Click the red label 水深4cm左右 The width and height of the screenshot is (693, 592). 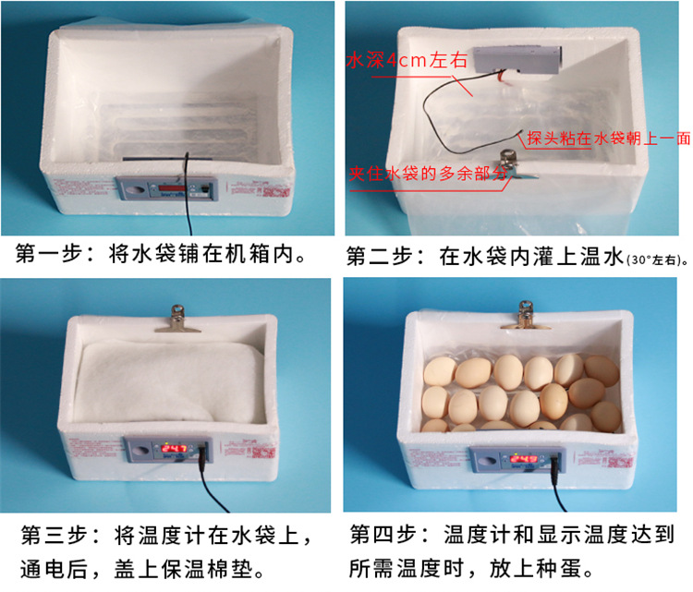click(x=407, y=62)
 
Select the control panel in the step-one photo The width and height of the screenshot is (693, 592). click(x=166, y=188)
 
